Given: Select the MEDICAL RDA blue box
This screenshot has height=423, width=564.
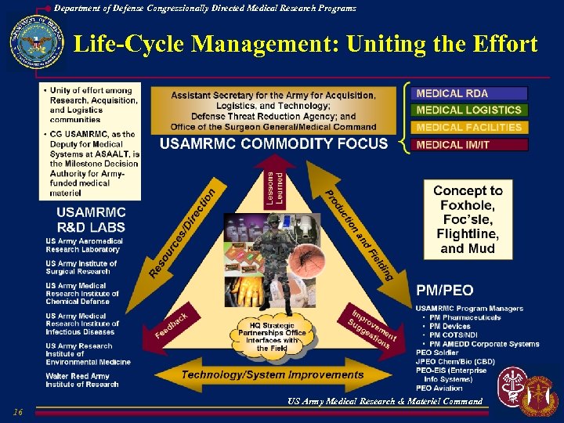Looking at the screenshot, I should coord(468,93).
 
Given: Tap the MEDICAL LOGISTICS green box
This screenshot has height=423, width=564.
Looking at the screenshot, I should coord(468,110).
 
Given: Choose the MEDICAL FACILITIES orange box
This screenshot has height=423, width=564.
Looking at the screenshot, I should coord(468,127).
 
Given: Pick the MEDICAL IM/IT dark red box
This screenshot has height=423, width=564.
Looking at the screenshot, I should coord(468,144).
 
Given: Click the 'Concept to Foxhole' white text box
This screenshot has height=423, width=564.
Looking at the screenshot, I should coord(468,219).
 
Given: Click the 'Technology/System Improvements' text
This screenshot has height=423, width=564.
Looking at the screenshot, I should coord(273,374).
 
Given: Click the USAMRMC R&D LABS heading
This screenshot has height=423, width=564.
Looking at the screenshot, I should coord(90,219).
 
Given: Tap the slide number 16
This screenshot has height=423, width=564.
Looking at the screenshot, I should coord(17,412).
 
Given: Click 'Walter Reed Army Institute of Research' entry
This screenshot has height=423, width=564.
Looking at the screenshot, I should coord(82,380).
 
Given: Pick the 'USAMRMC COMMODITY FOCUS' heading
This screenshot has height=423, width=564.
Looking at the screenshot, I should coord(273,143).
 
